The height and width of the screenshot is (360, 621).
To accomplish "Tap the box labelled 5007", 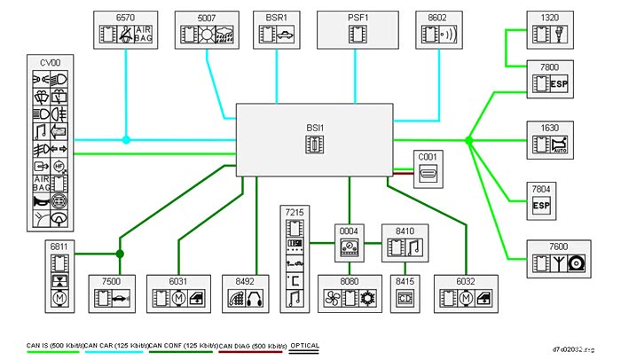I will [x=206, y=29].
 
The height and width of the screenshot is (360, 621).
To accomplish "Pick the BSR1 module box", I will [x=276, y=29].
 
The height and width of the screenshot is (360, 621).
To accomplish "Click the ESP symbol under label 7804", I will [x=542, y=206].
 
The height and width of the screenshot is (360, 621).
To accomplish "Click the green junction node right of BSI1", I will [x=469, y=140].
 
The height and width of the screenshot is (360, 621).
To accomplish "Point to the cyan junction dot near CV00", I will [x=126, y=139].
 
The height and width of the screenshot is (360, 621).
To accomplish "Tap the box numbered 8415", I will [x=405, y=293].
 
